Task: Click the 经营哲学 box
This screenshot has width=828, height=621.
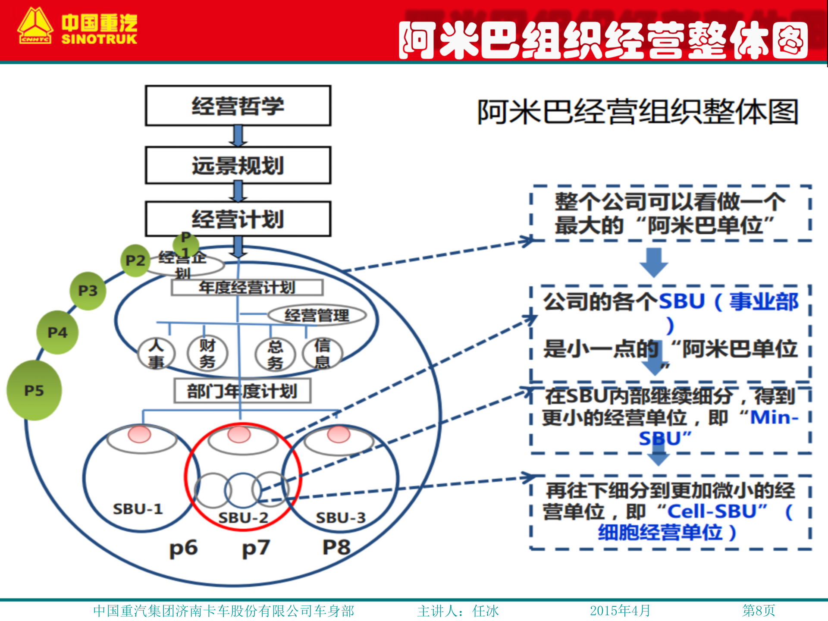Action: tap(238, 106)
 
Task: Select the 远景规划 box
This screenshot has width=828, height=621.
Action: tap(238, 166)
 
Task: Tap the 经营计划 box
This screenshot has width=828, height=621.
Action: tap(238, 219)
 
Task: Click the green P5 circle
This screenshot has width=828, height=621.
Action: tap(34, 390)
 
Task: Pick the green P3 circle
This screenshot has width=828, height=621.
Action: tap(88, 291)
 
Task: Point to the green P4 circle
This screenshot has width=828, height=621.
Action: tap(57, 332)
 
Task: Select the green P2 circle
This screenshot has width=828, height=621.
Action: tap(135, 260)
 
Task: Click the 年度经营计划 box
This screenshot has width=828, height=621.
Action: tap(247, 288)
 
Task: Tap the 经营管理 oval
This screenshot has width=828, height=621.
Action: tap(317, 315)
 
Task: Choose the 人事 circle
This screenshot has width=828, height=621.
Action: tap(156, 353)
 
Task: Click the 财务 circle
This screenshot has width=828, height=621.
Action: tap(207, 353)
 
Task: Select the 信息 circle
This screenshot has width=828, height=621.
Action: tap(323, 353)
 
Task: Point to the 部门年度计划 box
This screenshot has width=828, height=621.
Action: tap(242, 391)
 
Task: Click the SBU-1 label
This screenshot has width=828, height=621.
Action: tap(138, 509)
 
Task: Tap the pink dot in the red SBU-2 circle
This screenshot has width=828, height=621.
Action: tap(239, 434)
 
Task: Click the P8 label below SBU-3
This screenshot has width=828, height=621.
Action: tap(336, 547)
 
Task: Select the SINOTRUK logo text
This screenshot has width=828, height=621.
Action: tap(99, 39)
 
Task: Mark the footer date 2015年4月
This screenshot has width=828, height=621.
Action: tap(620, 611)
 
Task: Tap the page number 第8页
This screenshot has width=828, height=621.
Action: tap(759, 611)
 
